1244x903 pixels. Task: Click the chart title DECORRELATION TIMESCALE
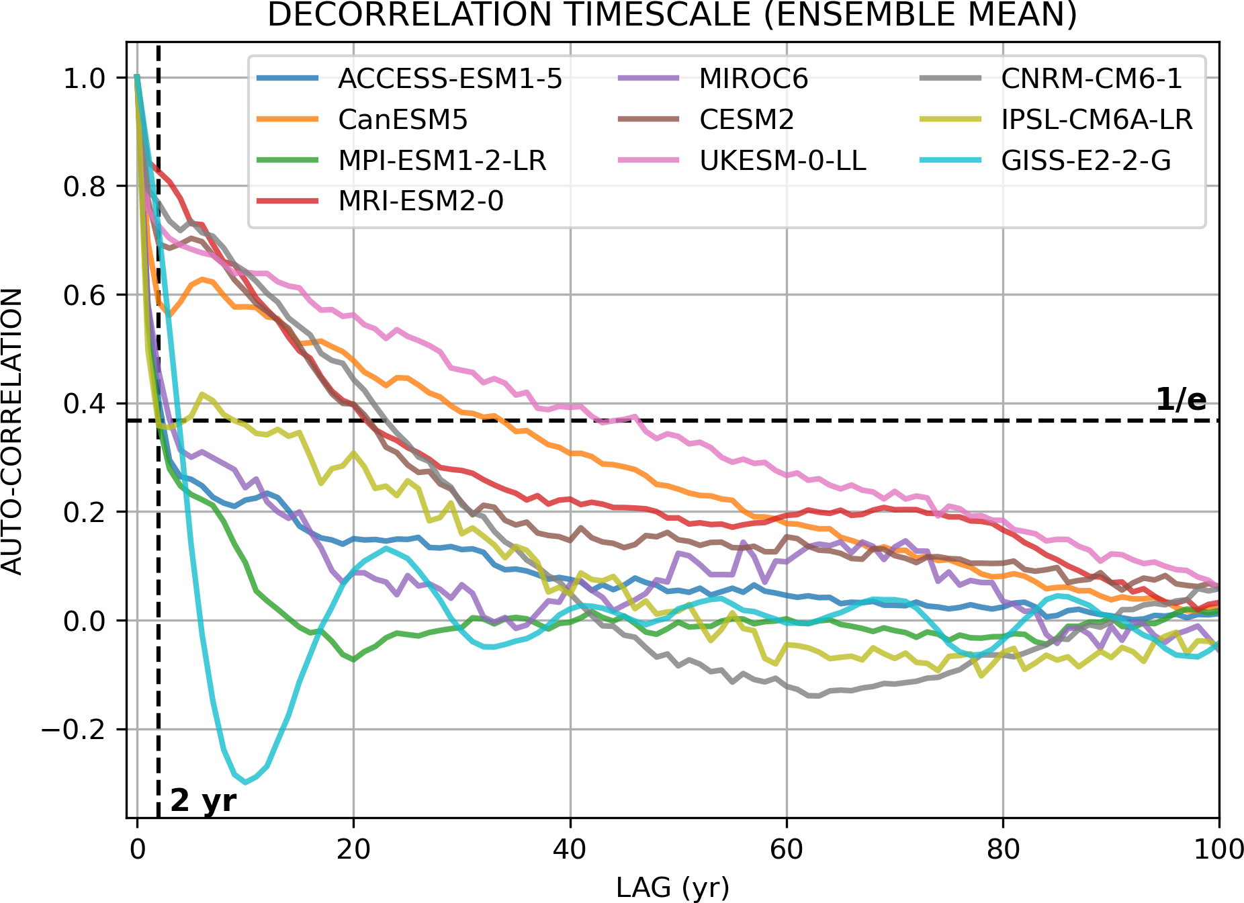pyautogui.click(x=672, y=15)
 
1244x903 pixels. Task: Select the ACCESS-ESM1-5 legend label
pyautogui.click(x=450, y=79)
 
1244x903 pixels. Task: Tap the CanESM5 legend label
pyautogui.click(x=402, y=120)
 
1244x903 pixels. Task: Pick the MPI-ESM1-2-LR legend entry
pyautogui.click(x=442, y=161)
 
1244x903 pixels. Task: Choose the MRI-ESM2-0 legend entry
pyautogui.click(x=420, y=201)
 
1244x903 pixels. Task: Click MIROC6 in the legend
pyautogui.click(x=754, y=79)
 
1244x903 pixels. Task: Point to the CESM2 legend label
pyautogui.click(x=746, y=120)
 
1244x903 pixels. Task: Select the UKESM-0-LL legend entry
pyautogui.click(x=783, y=161)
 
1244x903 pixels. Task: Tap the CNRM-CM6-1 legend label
pyautogui.click(x=1092, y=79)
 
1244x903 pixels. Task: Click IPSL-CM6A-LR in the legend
pyautogui.click(x=1097, y=120)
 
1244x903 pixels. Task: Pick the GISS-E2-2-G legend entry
pyautogui.click(x=1086, y=161)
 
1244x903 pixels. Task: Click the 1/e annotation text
pyautogui.click(x=1181, y=400)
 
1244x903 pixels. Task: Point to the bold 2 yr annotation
pyautogui.click(x=204, y=800)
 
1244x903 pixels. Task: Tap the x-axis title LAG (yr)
pyautogui.click(x=672, y=888)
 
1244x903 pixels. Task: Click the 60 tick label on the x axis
pyautogui.click(x=786, y=850)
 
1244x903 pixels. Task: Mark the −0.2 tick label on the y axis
pyautogui.click(x=73, y=730)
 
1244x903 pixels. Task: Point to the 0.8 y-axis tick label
pyautogui.click(x=84, y=186)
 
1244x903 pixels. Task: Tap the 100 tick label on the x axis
pyautogui.click(x=1218, y=850)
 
